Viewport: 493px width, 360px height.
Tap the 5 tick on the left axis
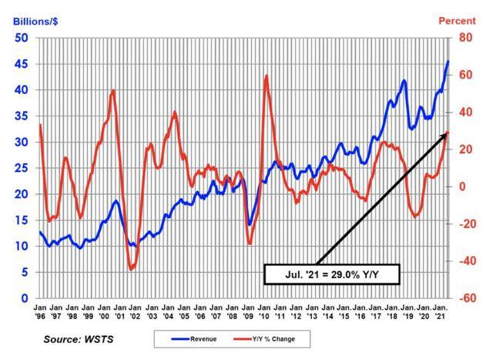tap(25, 272)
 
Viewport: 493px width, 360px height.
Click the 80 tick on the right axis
tap(465, 38)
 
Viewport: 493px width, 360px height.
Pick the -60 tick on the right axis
tap(467, 298)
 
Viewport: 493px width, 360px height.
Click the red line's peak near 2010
tap(266, 76)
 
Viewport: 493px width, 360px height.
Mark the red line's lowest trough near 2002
tap(132, 269)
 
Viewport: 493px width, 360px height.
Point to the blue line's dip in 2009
tap(249, 224)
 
